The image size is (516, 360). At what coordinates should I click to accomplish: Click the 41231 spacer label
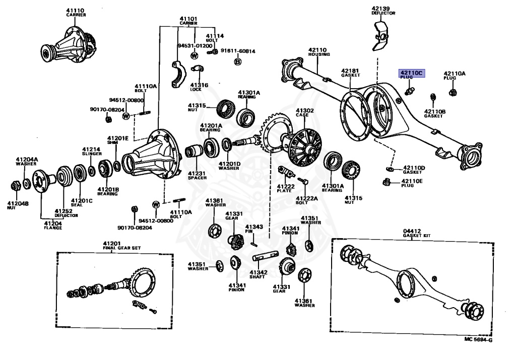pyautogui.click(x=197, y=174)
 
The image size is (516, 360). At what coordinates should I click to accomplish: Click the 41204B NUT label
pyautogui.click(x=18, y=205)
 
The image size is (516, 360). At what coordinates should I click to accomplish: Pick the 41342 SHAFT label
pyautogui.click(x=259, y=274)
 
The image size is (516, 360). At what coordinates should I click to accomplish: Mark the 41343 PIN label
pyautogui.click(x=254, y=229)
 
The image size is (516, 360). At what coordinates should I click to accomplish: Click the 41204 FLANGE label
pyautogui.click(x=53, y=225)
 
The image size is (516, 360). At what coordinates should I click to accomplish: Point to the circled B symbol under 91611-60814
pyautogui.click(x=237, y=61)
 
